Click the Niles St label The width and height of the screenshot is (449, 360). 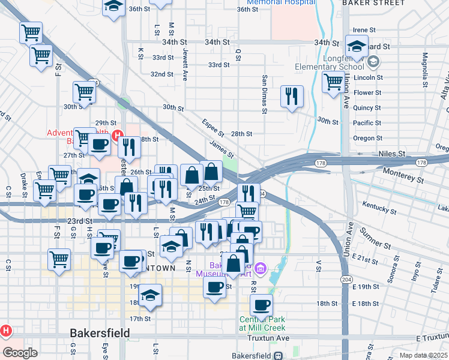click(393, 154)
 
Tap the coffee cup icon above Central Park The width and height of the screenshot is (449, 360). click(261, 304)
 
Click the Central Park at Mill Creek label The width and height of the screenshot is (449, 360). click(263, 323)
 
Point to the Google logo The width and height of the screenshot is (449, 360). click(20, 353)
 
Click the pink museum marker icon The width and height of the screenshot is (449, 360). click(260, 266)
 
